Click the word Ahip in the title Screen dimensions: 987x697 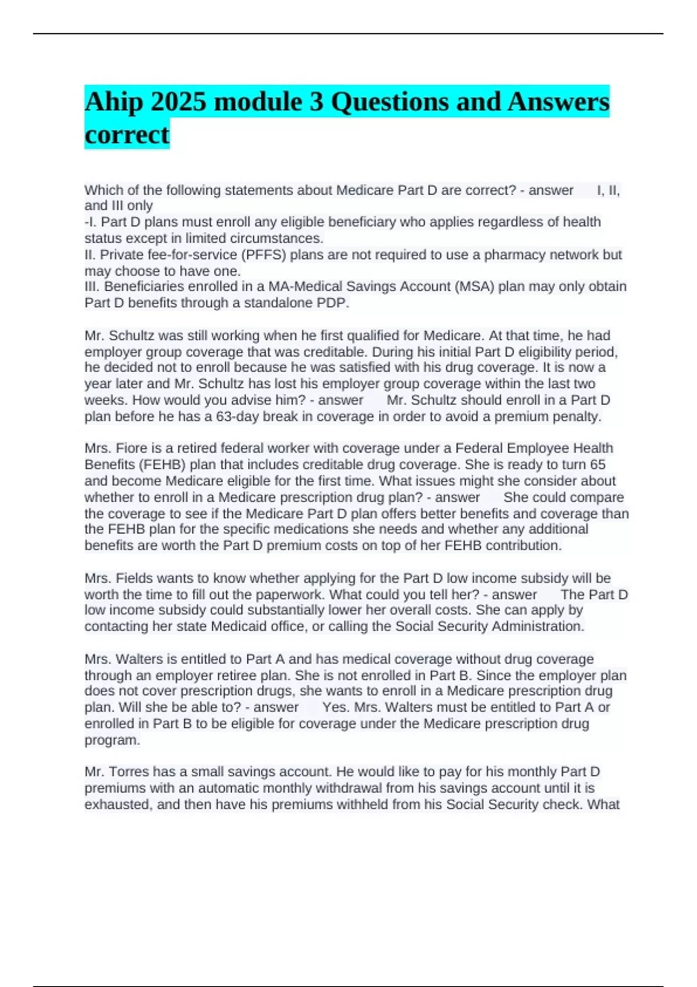113,102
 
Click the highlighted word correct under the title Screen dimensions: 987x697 127,135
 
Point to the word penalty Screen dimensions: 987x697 579,416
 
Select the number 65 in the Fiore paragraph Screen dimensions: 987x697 598,464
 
